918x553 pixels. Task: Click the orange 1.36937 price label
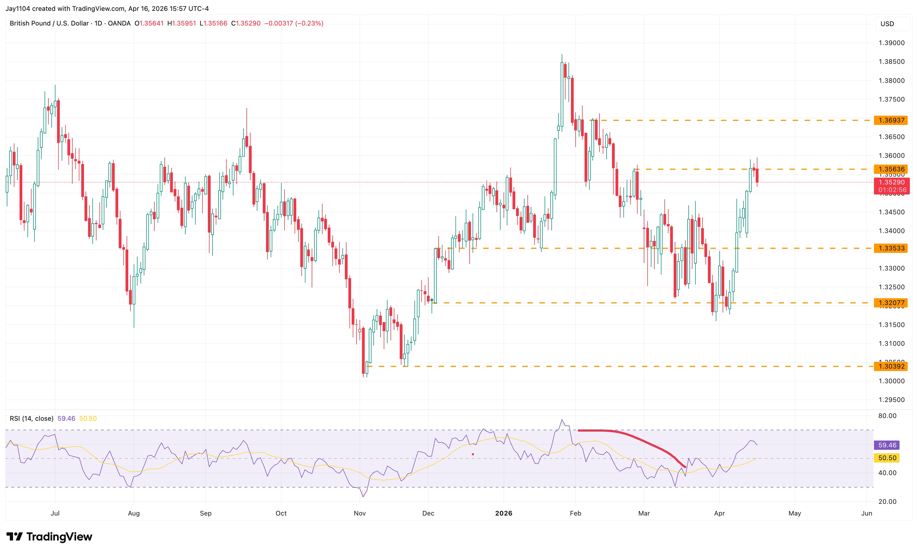(891, 120)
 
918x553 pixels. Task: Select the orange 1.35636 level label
(891, 169)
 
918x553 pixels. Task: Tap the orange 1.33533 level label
(891, 248)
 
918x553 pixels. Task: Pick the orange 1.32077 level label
(891, 303)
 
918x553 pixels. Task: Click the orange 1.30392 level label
(891, 366)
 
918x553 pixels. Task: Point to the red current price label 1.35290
(891, 182)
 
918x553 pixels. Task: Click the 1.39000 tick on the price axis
(891, 43)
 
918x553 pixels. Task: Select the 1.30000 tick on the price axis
(891, 381)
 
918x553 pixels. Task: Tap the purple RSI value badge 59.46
(887, 445)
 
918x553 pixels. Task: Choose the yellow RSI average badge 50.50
(887, 458)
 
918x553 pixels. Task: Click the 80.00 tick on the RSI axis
(887, 416)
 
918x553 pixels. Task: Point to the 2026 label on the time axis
(503, 513)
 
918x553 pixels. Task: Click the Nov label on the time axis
(360, 513)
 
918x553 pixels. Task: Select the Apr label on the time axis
(719, 513)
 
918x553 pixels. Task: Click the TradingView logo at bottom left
(49, 537)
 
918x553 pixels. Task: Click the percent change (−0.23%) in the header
(309, 23)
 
